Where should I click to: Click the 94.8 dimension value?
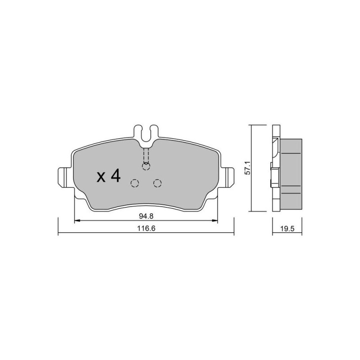(x=146, y=216)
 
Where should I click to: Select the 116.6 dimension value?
(x=146, y=229)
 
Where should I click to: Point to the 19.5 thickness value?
(x=287, y=229)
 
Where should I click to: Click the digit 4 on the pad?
(x=116, y=175)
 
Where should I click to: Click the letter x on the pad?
(x=101, y=177)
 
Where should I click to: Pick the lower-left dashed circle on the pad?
(x=135, y=183)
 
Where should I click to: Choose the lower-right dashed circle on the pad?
(x=157, y=183)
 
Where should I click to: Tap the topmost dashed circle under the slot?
(x=146, y=166)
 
